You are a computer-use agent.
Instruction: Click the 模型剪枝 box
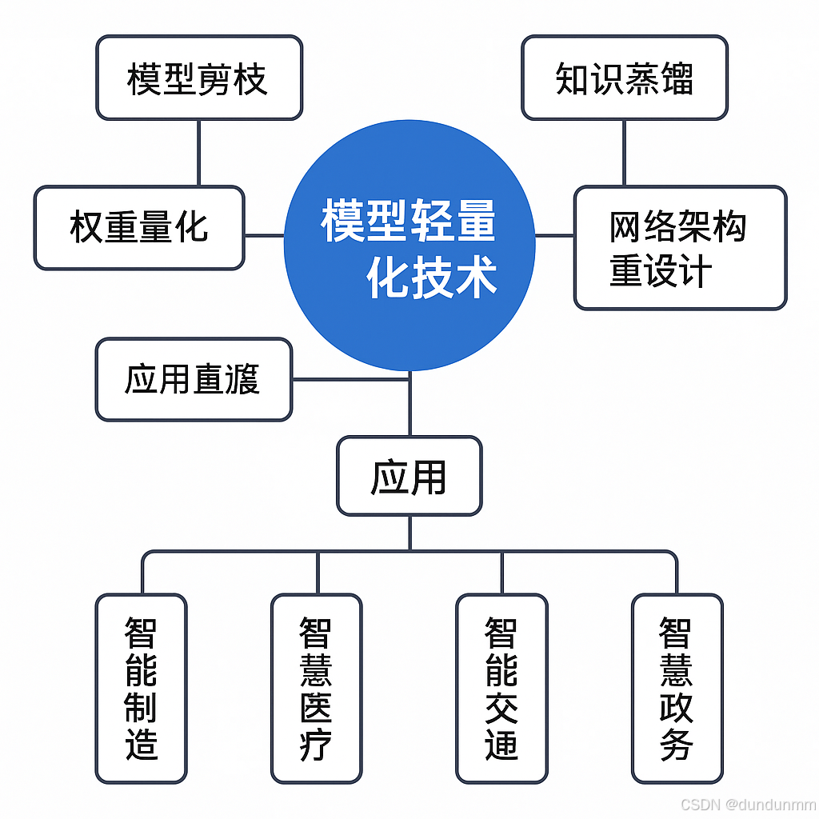pos(199,78)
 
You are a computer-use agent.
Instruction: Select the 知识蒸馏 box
pos(625,78)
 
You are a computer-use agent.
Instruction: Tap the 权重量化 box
pos(139,227)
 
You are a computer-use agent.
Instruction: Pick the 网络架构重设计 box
pos(680,248)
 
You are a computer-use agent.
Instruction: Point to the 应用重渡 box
pos(194,379)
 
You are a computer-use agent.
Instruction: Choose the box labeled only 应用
pos(409,476)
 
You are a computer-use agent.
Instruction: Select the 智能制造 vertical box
pos(141,688)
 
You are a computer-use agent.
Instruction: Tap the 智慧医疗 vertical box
pos(316,688)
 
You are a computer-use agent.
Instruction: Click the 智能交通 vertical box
pos(501,688)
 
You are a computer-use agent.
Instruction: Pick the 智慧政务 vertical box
pos(677,688)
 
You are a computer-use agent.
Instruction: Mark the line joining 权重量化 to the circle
pos(264,235)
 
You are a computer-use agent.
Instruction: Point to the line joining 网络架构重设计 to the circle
pos(555,235)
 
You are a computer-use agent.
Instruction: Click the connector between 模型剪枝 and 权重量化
pos(199,153)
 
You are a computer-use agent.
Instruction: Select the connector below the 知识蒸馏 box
pos(624,153)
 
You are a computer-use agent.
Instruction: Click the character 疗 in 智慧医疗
pos(316,745)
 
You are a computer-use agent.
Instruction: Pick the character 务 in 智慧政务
pos(677,745)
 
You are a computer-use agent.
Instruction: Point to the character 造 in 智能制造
pos(141,745)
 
